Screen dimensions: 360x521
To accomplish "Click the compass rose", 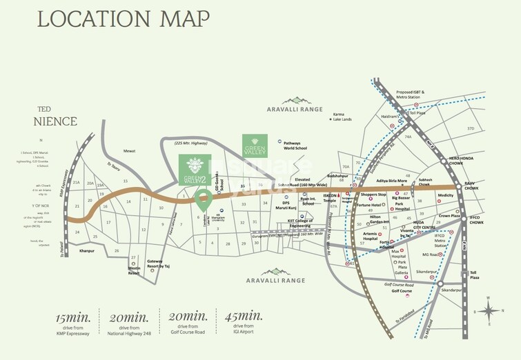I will click(x=489, y=310).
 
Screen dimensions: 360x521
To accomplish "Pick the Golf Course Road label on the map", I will click(x=400, y=284).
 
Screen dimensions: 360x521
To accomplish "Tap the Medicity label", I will click(x=445, y=195).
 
